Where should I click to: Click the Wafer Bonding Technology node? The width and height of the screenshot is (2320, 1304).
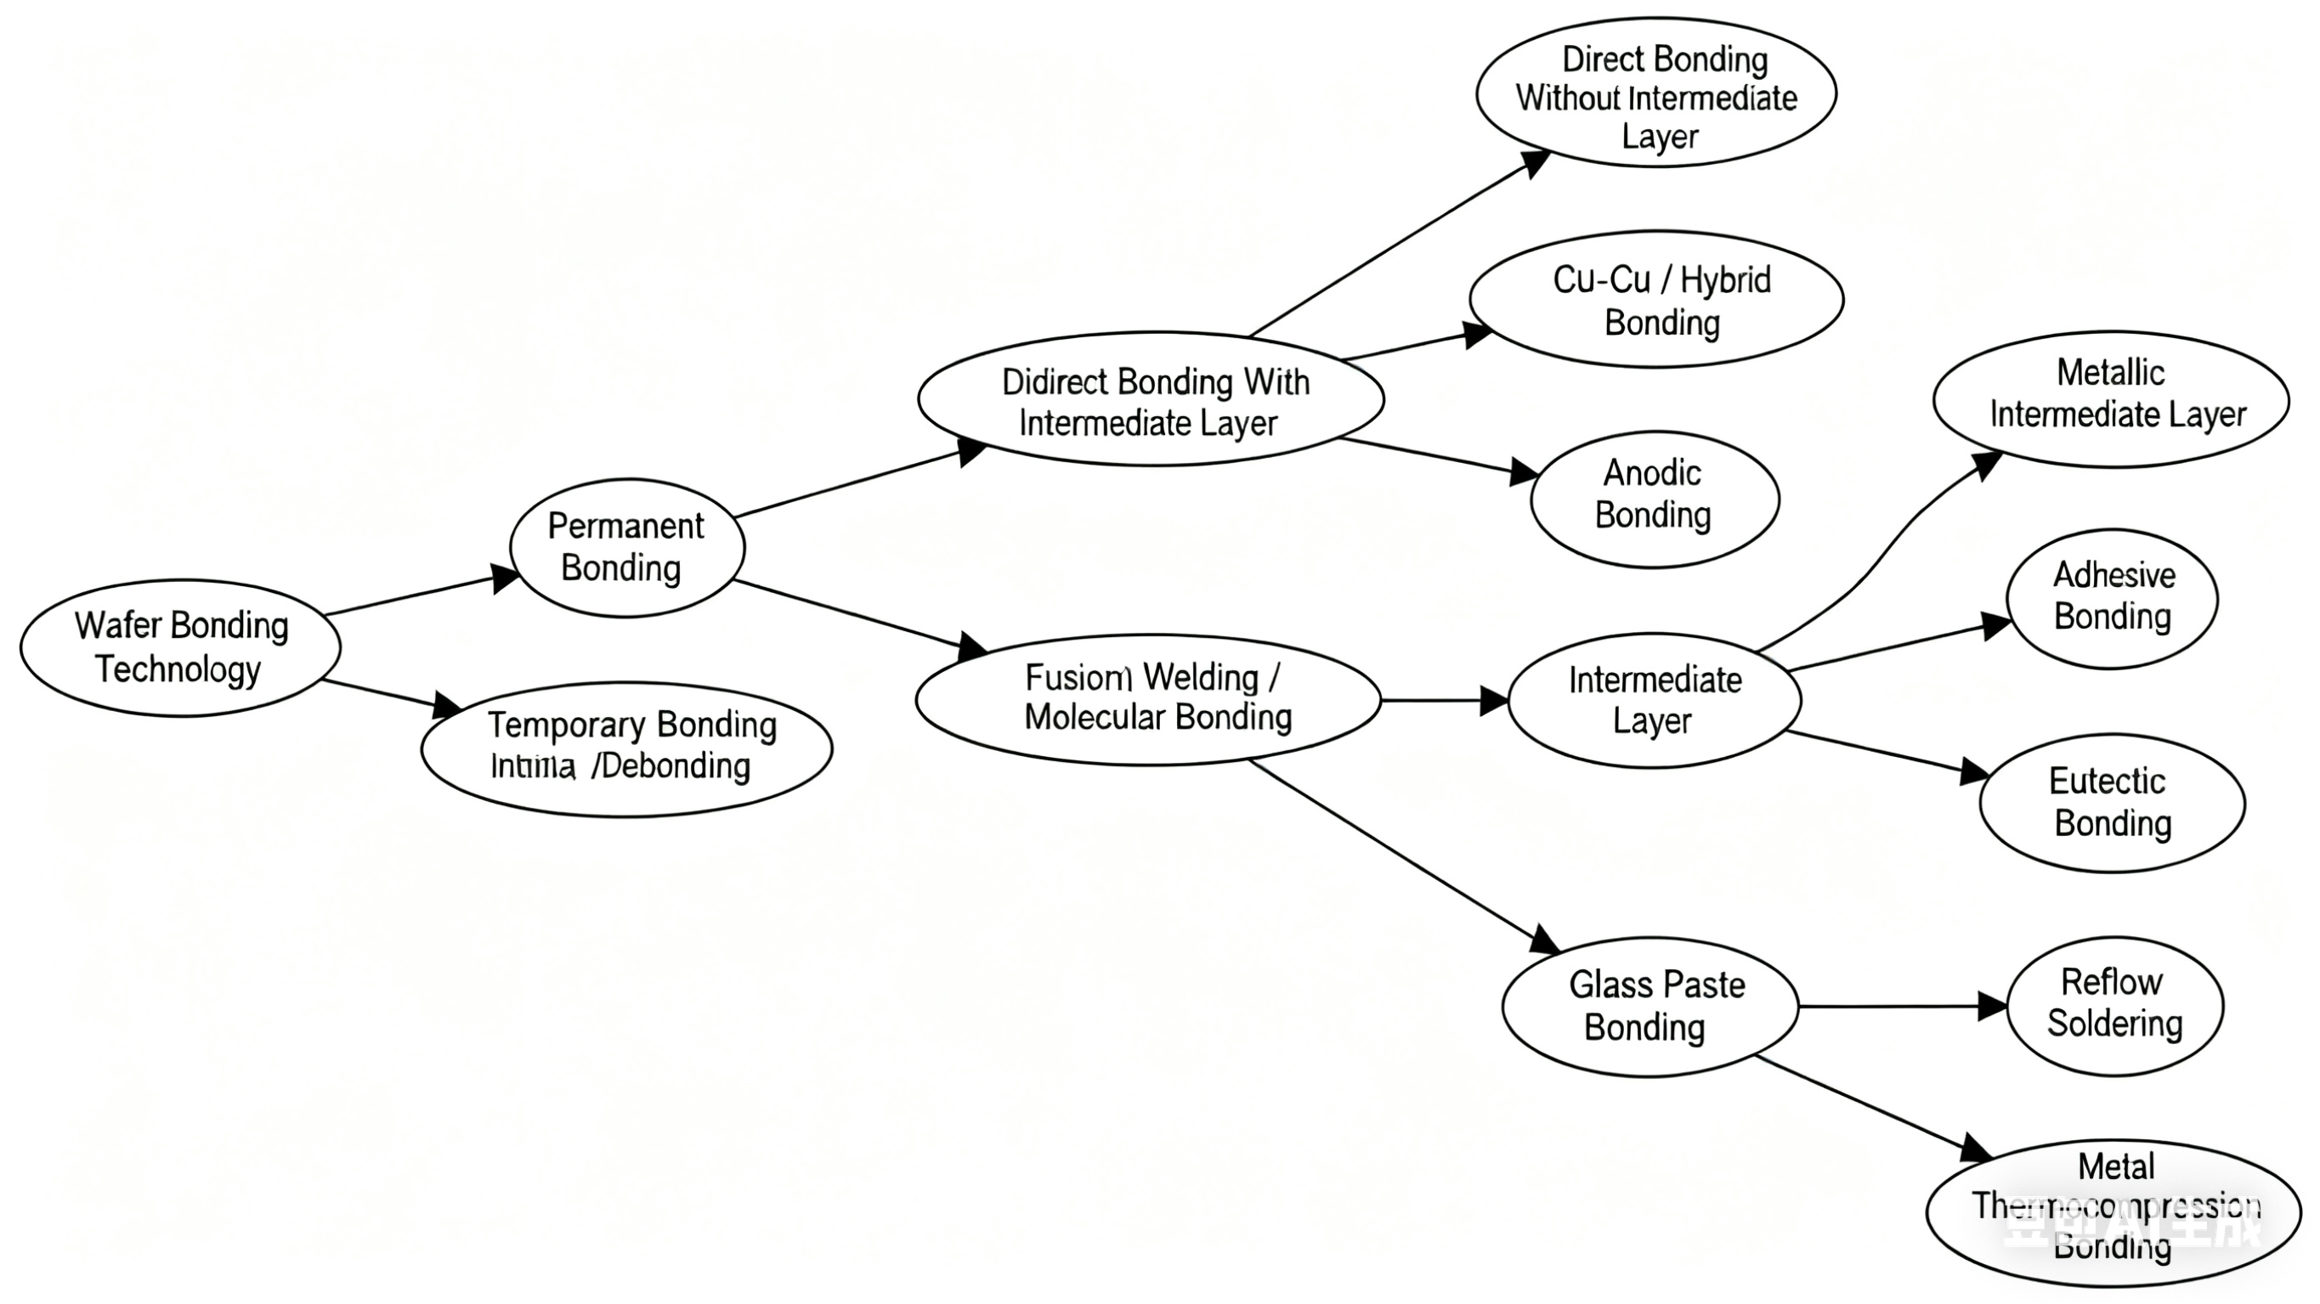[x=180, y=647]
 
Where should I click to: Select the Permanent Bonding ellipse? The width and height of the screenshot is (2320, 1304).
[x=627, y=548]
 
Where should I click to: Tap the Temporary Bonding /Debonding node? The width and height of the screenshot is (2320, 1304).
[x=627, y=748]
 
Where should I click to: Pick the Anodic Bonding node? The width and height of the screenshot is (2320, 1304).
[x=1655, y=499]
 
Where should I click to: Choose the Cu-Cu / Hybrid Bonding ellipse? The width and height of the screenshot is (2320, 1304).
[x=1656, y=299]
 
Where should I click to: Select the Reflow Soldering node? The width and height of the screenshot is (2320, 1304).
[x=2114, y=1006]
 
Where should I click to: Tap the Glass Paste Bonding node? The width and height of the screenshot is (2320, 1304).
[x=1650, y=1006]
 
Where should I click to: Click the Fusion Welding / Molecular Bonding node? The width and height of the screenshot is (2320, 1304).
[x=1148, y=699]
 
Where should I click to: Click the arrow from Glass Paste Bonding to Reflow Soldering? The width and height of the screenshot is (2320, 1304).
[x=1900, y=1006]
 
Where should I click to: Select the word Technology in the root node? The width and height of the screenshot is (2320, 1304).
[x=178, y=670]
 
